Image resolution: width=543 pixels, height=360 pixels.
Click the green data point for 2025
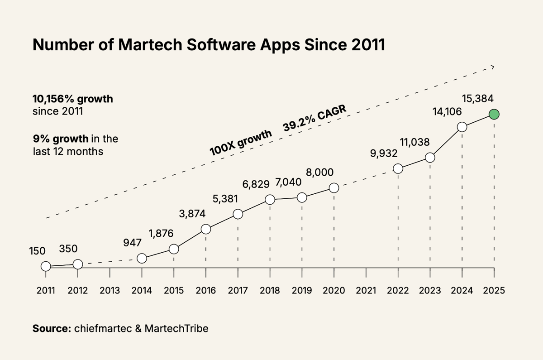pos(494,115)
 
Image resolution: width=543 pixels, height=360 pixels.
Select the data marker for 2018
pos(270,199)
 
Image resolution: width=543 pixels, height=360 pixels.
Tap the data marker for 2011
pos(46,266)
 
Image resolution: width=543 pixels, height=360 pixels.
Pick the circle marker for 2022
pos(398,168)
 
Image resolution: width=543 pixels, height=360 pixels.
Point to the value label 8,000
pos(320,173)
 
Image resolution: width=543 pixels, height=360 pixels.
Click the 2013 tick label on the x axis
pos(110,291)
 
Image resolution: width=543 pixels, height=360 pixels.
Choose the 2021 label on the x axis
pos(366,291)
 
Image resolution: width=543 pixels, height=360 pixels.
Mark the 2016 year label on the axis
pos(206,291)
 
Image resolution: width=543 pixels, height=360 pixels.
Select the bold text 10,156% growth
pos(72,98)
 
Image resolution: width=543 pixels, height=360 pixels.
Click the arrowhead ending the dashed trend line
pos(492,67)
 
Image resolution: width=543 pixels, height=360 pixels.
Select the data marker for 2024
pos(462,127)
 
